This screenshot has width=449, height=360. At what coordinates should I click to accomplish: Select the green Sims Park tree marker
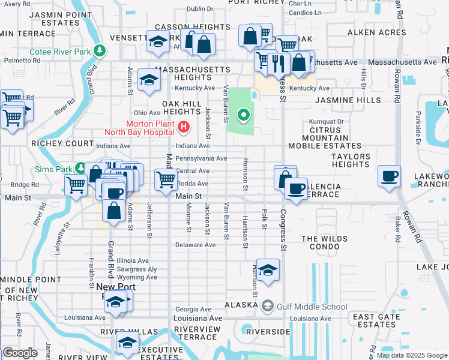coord(80,170)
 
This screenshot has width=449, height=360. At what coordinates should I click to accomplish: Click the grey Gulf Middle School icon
coord(267,307)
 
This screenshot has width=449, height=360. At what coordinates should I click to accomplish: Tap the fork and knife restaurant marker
coord(279,62)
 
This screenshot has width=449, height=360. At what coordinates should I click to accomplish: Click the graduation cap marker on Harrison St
coord(268,270)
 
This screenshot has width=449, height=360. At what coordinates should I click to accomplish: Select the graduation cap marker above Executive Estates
coord(127,343)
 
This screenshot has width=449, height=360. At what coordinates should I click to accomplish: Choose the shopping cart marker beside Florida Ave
coord(166,179)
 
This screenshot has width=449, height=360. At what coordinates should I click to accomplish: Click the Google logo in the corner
coord(20,353)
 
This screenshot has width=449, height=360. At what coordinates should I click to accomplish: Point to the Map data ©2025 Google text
coord(412,355)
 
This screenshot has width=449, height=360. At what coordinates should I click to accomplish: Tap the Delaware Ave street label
coord(195,245)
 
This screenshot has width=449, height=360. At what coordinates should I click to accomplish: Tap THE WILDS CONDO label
coord(324,243)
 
